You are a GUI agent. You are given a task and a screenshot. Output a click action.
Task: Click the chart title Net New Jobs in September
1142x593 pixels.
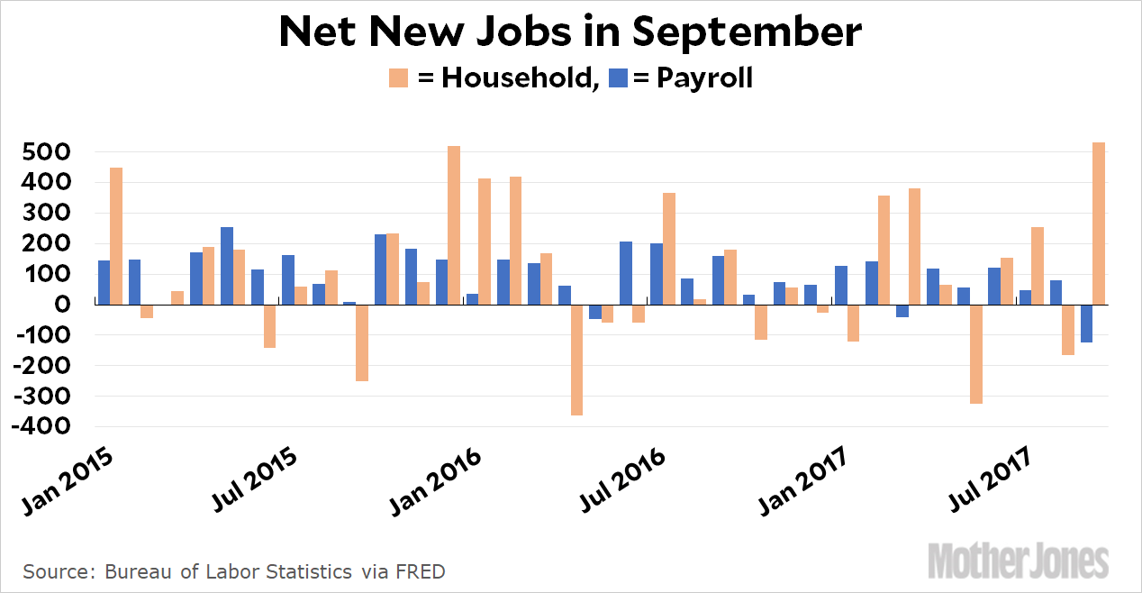(x=570, y=32)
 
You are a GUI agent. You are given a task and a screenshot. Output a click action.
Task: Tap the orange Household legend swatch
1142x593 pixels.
(x=398, y=78)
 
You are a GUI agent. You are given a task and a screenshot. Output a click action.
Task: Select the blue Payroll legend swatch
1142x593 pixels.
(x=617, y=78)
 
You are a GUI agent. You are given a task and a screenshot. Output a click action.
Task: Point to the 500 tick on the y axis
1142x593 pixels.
(x=45, y=152)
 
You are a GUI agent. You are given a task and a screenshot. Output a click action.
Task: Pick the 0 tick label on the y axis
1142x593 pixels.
(x=61, y=305)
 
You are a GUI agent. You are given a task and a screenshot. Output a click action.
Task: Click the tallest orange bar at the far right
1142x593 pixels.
(x=1099, y=224)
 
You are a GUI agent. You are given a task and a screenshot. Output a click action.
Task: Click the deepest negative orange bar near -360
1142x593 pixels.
(x=576, y=360)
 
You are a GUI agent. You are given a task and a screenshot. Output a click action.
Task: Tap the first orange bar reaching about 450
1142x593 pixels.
(x=116, y=236)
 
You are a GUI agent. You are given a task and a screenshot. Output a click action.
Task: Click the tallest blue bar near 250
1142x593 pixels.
(x=227, y=266)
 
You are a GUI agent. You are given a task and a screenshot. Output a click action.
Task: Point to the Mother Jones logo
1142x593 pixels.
(x=1018, y=561)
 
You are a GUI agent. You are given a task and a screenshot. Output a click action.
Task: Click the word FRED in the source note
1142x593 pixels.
(x=423, y=571)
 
